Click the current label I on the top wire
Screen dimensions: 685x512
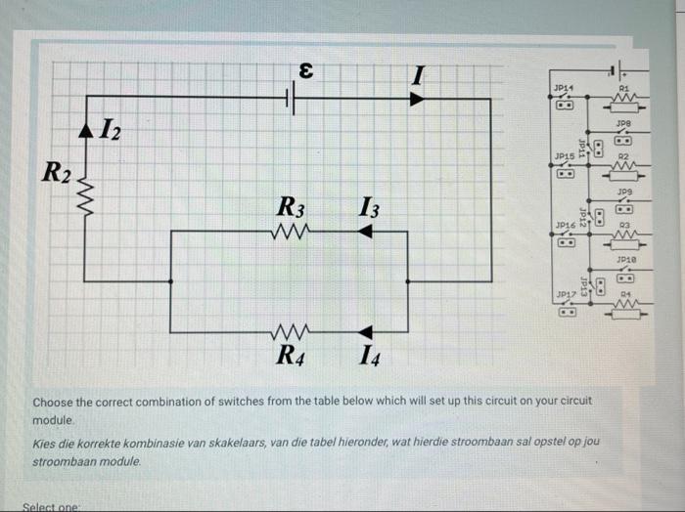[x=419, y=74]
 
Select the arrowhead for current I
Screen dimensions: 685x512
[x=417, y=98]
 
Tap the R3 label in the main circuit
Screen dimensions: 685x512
[x=292, y=208]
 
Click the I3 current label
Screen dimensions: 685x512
[x=369, y=208]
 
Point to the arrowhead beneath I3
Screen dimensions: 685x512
[x=365, y=232]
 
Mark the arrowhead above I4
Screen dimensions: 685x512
[x=365, y=332]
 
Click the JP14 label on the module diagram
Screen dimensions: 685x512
[x=564, y=88]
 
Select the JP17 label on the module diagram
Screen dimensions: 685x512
[x=565, y=293]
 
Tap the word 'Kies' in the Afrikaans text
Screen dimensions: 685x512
[x=45, y=443]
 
